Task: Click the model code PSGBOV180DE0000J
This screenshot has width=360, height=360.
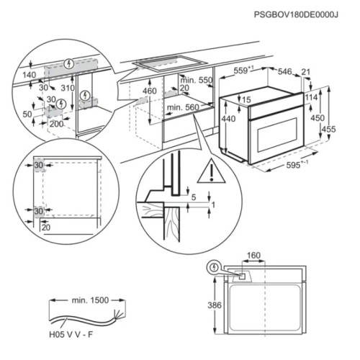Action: [296, 15]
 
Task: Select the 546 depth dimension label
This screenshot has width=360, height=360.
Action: [284, 71]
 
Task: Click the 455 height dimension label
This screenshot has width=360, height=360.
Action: [328, 130]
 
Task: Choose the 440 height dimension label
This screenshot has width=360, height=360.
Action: [228, 119]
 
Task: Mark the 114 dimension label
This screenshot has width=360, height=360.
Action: [311, 97]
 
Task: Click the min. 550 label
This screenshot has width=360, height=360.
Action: [197, 80]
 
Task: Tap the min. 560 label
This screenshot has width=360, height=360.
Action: [183, 107]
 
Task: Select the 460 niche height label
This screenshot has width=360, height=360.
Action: [150, 91]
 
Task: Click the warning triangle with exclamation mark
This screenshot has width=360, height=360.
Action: [212, 171]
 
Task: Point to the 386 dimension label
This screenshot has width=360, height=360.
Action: [215, 305]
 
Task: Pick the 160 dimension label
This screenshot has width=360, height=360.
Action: [253, 256]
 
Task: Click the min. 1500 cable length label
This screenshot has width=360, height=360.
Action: [90, 300]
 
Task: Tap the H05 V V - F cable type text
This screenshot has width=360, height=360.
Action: [71, 335]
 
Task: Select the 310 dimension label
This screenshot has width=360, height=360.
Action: [68, 88]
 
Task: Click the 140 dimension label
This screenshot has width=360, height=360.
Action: [30, 75]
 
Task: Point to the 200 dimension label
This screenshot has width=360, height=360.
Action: [57, 124]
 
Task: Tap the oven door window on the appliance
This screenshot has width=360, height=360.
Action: [278, 135]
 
